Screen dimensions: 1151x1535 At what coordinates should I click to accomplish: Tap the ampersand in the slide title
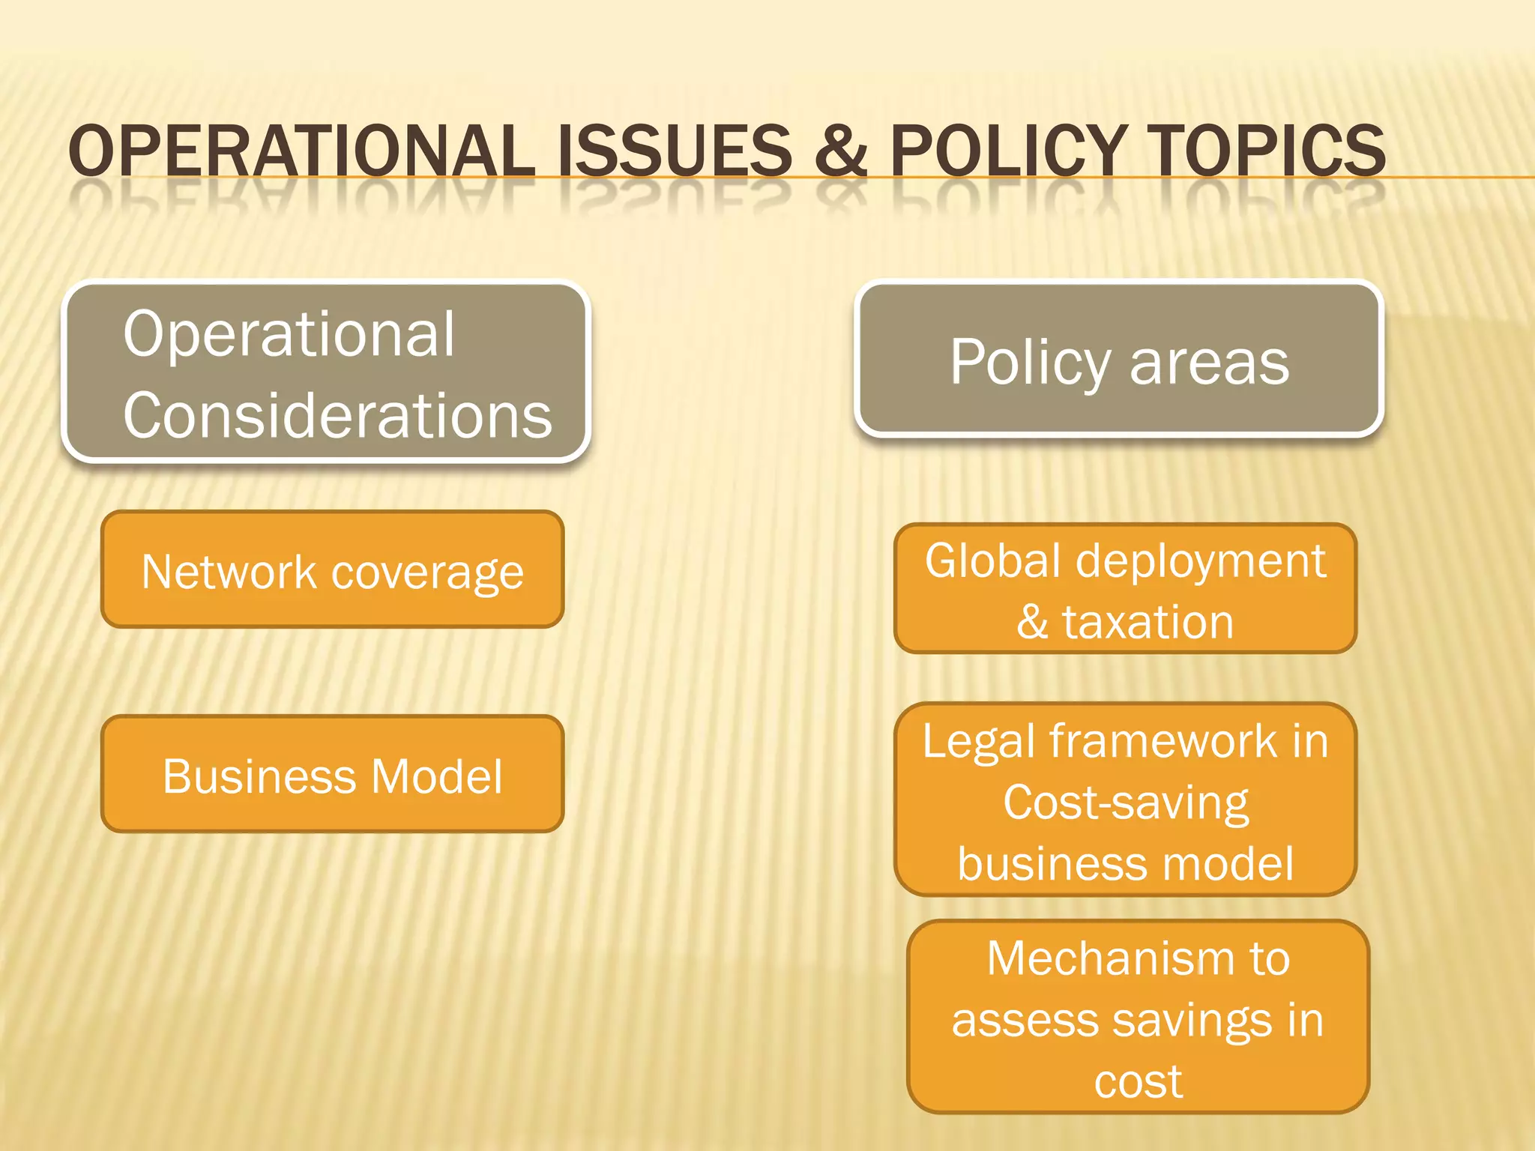coord(841,151)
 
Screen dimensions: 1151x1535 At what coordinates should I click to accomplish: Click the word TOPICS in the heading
coord(1267,151)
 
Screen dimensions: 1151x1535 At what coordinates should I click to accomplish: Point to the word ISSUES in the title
coord(675,151)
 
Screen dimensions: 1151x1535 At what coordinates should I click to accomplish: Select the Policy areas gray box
coord(1119,360)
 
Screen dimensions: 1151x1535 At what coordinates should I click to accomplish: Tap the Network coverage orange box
coord(332,570)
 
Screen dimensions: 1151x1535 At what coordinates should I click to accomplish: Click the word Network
coord(229,573)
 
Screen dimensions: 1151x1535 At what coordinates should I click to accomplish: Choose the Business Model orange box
coord(332,775)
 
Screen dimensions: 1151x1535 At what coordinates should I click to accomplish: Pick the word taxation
coord(1148,622)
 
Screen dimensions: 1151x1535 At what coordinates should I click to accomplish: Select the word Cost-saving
coord(1126,803)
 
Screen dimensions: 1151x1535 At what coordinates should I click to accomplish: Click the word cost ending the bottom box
coord(1138,1081)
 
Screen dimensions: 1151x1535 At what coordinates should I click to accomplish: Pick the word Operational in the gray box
coord(289,334)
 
